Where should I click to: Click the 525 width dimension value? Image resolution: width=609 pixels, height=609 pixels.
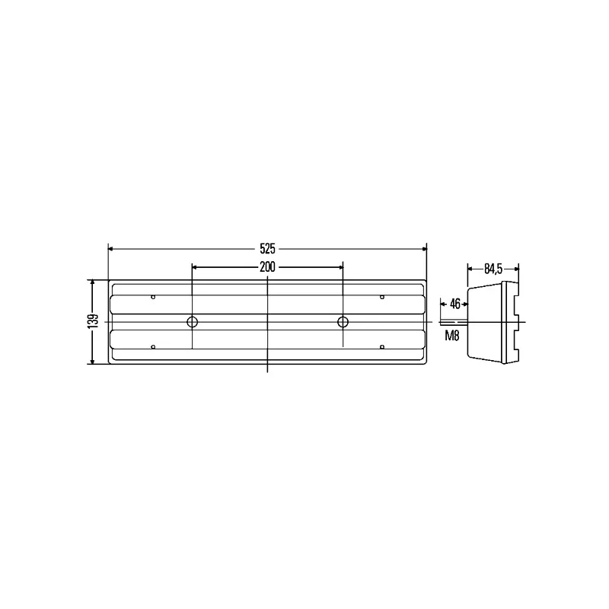(268, 249)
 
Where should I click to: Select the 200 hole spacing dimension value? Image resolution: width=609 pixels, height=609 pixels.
(268, 267)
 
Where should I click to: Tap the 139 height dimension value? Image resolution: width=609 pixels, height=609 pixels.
(93, 321)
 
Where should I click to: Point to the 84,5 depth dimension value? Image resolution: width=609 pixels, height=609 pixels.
(493, 269)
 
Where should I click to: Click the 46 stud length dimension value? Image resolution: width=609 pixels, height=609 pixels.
(454, 304)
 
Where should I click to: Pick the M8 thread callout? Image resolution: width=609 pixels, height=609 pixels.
(452, 335)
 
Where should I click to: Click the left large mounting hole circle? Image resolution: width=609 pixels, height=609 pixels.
(193, 322)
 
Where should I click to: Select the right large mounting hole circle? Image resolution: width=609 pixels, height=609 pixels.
(343, 322)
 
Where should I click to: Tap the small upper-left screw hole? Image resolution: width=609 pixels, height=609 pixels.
(153, 297)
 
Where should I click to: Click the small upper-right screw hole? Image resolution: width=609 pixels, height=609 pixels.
(382, 297)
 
